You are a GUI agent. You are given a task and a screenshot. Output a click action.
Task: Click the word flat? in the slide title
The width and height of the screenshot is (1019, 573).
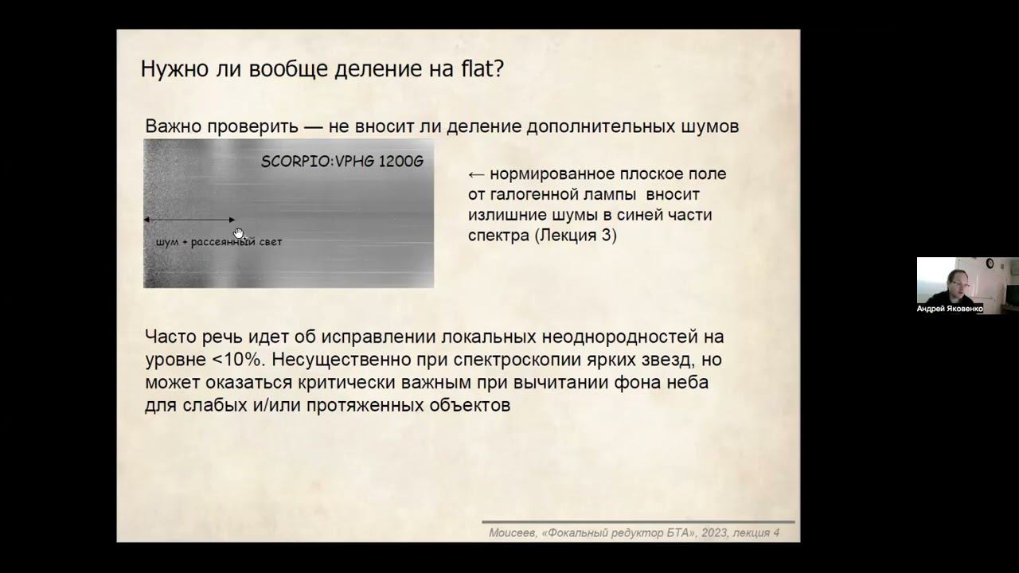pyautogui.click(x=480, y=68)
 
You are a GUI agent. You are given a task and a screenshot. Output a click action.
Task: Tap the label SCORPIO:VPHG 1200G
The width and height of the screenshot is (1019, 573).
pyautogui.click(x=342, y=162)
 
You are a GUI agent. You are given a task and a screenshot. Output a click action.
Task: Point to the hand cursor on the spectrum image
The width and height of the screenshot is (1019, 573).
pyautogui.click(x=239, y=233)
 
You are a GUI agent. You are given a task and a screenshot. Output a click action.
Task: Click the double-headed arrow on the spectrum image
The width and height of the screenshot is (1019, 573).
pyautogui.click(x=189, y=220)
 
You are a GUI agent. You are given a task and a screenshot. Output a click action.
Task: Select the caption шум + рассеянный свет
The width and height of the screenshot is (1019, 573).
pyautogui.click(x=219, y=242)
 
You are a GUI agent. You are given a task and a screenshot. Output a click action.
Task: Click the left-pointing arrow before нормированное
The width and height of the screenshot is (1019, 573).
pyautogui.click(x=476, y=173)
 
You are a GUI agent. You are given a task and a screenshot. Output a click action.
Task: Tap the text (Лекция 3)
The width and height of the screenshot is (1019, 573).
pyautogui.click(x=575, y=236)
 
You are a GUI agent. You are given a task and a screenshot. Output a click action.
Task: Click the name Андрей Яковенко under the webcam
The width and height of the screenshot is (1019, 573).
pyautogui.click(x=950, y=309)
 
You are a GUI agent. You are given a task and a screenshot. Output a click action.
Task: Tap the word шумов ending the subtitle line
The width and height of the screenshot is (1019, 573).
pyautogui.click(x=712, y=126)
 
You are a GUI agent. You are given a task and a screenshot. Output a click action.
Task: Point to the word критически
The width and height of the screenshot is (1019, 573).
pyautogui.click(x=353, y=382)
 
